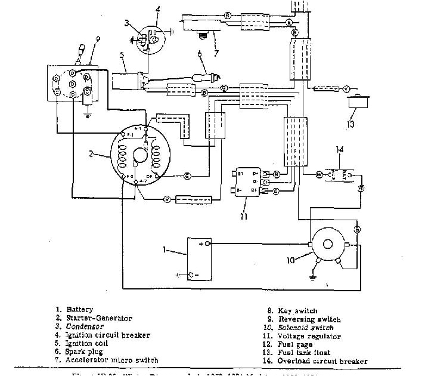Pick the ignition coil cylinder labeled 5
(x=132, y=80)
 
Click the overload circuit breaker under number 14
(x=339, y=174)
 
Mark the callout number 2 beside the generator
(x=91, y=153)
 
